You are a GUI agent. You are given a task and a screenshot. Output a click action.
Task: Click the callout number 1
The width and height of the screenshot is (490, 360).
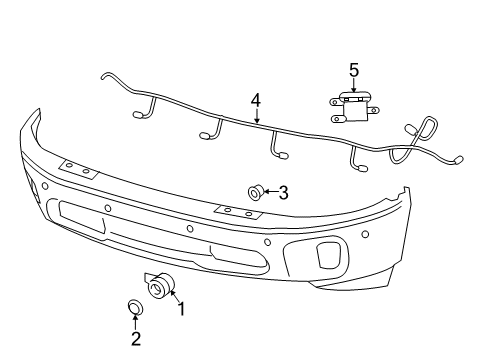pos(181,310)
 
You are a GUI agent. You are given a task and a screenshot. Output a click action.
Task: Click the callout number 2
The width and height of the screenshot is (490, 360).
pos(136,339)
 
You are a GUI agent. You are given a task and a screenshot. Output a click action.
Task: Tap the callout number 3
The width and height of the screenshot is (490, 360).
pos(283,192)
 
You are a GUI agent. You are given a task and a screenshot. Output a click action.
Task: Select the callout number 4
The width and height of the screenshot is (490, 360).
pos(256,100)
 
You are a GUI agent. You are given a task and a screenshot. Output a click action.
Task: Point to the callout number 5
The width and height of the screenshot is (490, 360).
pos(353,69)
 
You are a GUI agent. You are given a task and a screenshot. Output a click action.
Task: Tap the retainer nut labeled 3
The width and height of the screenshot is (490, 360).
pos(255,191)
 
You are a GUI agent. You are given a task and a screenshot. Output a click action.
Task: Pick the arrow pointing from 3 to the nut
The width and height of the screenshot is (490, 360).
pos(269,192)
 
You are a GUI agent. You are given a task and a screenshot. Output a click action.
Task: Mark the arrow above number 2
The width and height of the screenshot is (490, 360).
pos(136,322)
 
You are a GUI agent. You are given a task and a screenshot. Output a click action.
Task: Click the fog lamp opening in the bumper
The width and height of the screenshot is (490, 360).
pos(326,255)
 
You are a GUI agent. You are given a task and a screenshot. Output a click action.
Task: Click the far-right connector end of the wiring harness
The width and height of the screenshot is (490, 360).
pos(458,159)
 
